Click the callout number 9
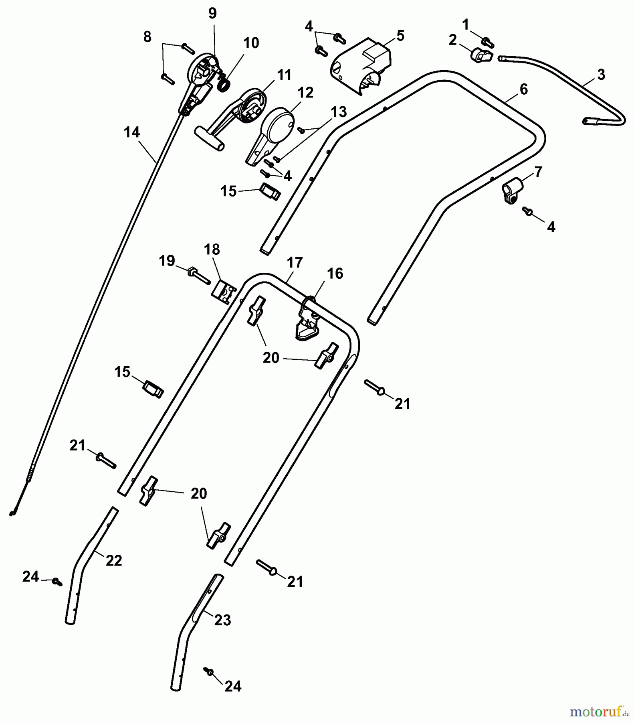(x=212, y=14)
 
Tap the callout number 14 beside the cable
(x=132, y=132)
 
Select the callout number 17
(x=295, y=263)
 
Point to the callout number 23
(x=223, y=621)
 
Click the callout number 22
(x=114, y=560)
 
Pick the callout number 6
(x=524, y=89)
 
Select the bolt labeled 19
(x=198, y=275)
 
